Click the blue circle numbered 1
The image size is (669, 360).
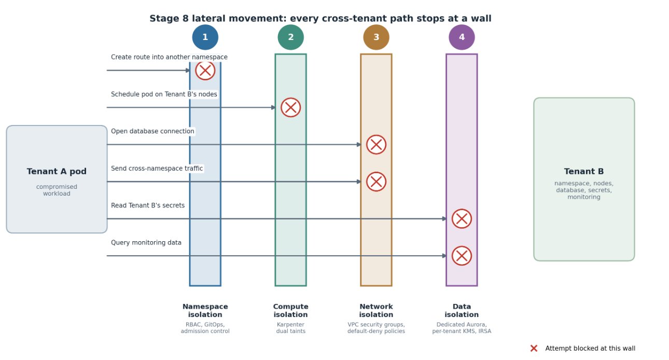(205, 37)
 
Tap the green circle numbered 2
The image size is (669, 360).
(290, 37)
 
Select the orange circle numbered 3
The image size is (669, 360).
(376, 37)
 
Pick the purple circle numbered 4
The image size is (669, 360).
(462, 37)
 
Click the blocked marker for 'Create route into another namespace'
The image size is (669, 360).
(205, 71)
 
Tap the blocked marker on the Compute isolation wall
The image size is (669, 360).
(290, 107)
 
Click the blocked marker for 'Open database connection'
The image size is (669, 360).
(376, 145)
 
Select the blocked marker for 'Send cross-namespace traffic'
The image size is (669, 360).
(376, 182)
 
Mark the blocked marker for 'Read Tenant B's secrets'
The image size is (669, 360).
(462, 219)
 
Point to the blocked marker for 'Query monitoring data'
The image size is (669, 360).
(462, 256)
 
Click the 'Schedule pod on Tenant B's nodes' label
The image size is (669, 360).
(164, 94)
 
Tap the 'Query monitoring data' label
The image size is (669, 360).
(146, 243)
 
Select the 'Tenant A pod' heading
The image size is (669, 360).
(57, 172)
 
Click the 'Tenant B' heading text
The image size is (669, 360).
(584, 172)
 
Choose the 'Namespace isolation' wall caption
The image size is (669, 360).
(205, 310)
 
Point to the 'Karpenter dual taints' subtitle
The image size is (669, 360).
(290, 328)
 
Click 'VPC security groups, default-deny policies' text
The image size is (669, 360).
(376, 328)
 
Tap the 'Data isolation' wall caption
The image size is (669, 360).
(462, 310)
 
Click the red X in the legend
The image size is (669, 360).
(534, 349)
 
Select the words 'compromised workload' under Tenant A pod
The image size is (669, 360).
(57, 190)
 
